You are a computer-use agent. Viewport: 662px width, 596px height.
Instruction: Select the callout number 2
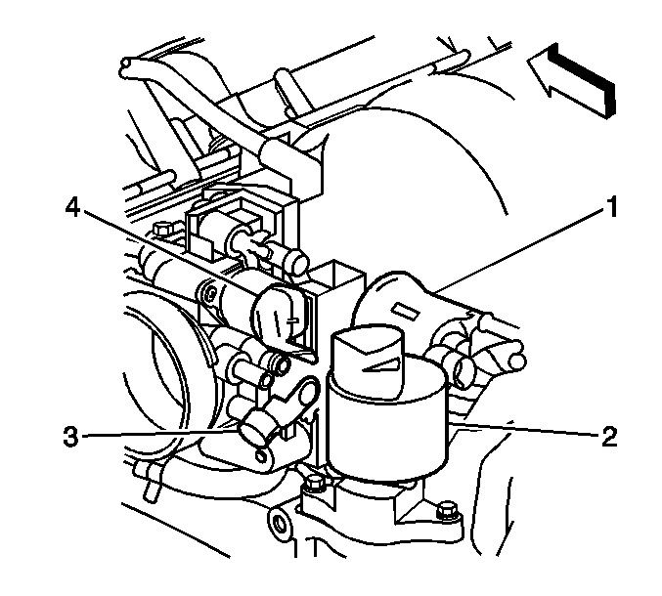609,437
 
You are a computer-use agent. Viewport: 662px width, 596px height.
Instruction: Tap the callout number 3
71,436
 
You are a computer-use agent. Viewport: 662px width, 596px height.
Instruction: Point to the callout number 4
73,208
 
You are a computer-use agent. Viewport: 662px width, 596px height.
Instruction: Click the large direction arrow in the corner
572,79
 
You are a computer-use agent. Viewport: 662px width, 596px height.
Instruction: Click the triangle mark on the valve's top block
381,364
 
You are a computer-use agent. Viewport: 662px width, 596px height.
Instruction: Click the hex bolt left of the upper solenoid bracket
162,230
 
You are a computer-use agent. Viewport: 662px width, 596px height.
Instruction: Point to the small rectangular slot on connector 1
405,311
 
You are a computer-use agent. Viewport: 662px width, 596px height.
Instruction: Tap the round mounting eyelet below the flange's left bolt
279,522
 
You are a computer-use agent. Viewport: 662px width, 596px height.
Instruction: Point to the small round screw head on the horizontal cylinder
210,292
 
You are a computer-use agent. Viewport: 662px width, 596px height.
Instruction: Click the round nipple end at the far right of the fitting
517,362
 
